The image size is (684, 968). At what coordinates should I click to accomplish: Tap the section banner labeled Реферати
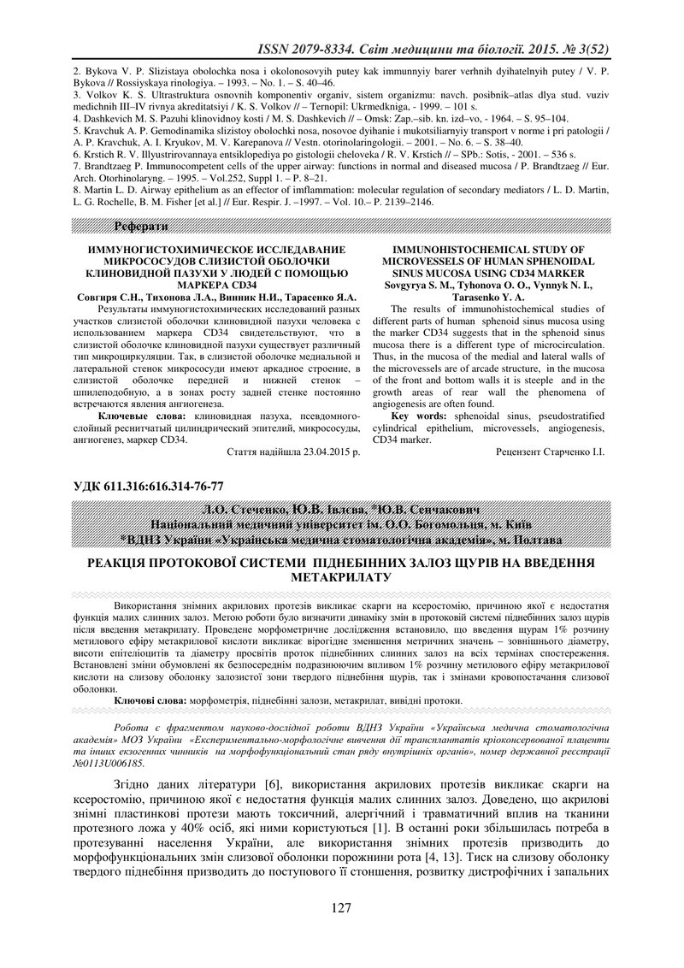pos(137,226)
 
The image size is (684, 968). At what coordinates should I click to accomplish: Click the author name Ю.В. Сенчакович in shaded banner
pos(435,511)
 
